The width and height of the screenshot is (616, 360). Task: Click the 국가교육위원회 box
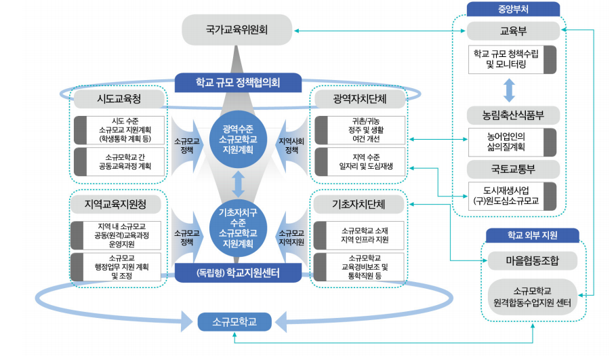[x=237, y=30]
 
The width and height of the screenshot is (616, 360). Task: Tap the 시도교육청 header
[x=119, y=99]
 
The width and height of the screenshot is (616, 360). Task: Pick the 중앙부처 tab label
[x=512, y=9]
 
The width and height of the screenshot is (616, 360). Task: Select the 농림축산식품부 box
[x=512, y=114]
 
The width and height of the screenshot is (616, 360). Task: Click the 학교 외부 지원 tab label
[x=532, y=235]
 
